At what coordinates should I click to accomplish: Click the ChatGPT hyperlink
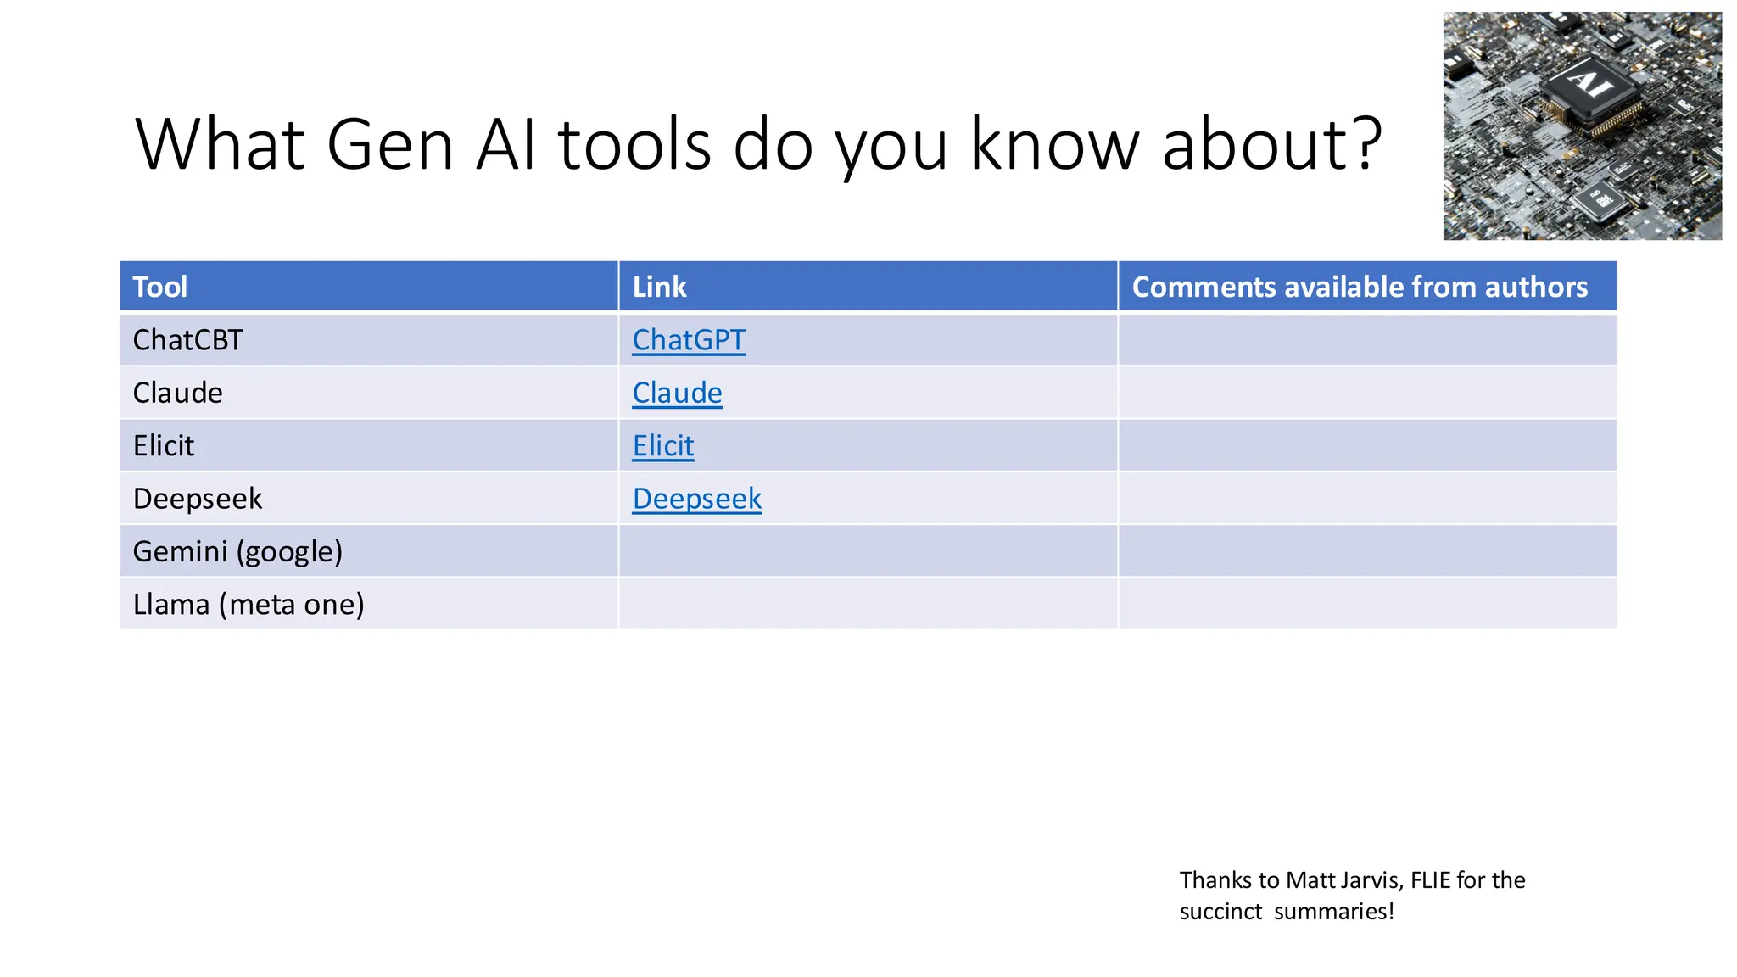pyautogui.click(x=688, y=340)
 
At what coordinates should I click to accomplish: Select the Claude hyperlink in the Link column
pyautogui.click(x=677, y=393)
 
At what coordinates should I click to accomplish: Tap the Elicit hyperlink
pyautogui.click(x=662, y=446)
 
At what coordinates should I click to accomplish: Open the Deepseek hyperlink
pyautogui.click(x=696, y=499)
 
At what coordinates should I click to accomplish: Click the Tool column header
pyautogui.click(x=159, y=287)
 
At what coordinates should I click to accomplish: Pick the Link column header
pyautogui.click(x=659, y=287)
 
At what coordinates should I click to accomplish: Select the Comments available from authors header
pyautogui.click(x=1359, y=287)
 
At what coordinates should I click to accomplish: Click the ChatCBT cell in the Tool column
pyautogui.click(x=187, y=340)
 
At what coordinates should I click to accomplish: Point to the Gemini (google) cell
pyautogui.click(x=237, y=551)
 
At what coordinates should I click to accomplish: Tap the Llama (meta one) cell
pyautogui.click(x=249, y=605)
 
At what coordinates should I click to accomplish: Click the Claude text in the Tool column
pyautogui.click(x=177, y=393)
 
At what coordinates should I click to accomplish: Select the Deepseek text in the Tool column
pyautogui.click(x=198, y=499)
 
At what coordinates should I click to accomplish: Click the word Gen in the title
pyautogui.click(x=390, y=144)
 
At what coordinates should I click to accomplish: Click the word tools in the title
pyautogui.click(x=634, y=144)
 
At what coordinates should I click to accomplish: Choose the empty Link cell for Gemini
pyautogui.click(x=867, y=551)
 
